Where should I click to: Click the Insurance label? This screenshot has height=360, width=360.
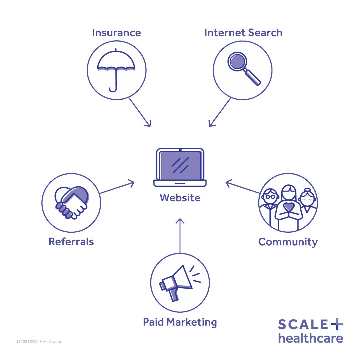pos(116,33)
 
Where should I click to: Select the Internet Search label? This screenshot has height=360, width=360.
pos(243,33)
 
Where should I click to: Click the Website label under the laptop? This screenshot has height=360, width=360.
pos(180,198)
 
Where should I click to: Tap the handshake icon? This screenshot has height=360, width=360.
pos(71,203)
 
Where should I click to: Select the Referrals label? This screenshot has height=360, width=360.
pos(71,241)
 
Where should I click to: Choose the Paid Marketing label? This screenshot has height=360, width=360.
pos(180,322)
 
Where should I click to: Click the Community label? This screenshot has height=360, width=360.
pos(288,242)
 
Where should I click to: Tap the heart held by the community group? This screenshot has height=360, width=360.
pos(288,207)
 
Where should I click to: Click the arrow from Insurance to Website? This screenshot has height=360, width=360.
pos(140,112)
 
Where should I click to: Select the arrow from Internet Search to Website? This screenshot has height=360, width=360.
pos(220,112)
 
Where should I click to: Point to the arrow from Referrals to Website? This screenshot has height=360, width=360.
pos(117,188)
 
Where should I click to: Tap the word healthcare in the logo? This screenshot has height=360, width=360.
pos(310,338)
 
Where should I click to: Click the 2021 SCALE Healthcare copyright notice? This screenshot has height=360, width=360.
pos(39,341)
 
